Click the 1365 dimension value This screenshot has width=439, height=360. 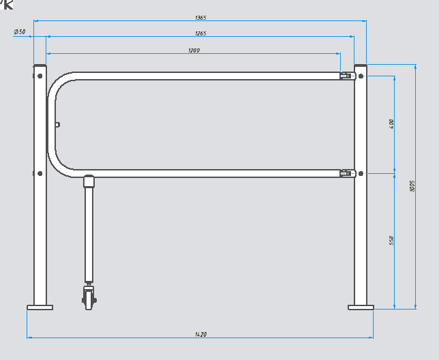200,18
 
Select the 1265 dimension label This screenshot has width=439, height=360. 200,33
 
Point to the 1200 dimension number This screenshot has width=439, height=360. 194,50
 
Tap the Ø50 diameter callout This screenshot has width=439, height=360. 19,32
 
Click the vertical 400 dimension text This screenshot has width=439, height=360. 392,123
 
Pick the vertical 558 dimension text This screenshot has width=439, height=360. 392,241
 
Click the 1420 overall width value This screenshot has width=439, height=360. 200,335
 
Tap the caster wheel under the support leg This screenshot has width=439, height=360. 89,299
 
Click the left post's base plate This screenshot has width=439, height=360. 40,307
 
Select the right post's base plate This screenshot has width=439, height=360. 361,307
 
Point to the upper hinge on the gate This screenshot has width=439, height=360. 346,76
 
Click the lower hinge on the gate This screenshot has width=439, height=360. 346,174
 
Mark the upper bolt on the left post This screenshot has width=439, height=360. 40,75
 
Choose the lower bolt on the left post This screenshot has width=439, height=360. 40,173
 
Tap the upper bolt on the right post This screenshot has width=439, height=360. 361,75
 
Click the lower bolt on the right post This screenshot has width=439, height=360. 361,173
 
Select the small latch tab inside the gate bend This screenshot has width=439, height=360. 58,124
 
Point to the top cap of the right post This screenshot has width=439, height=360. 361,65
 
